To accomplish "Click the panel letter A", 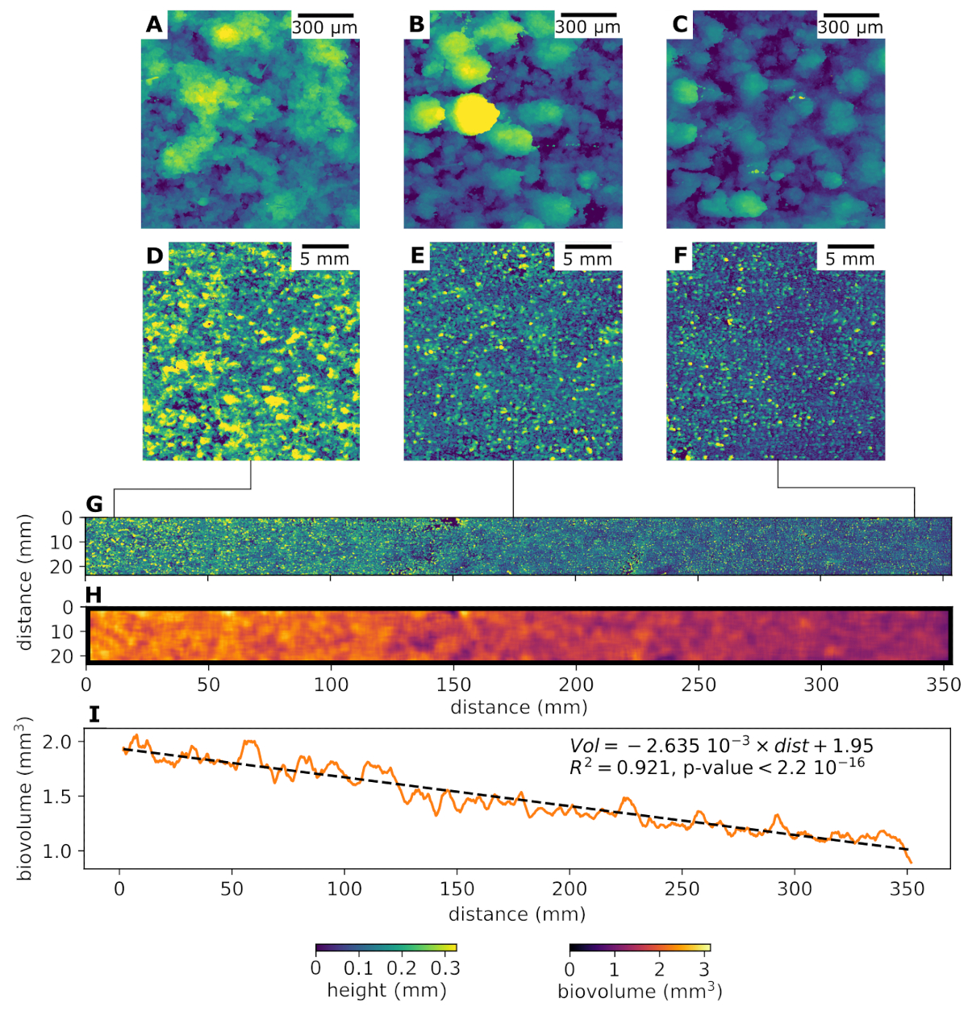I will click(154, 25).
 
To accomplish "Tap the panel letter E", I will click(417, 256).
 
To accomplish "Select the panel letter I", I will click(94, 714).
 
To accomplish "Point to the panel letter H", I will click(94, 595).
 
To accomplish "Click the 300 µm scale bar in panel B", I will click(588, 15).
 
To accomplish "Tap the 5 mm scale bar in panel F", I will click(850, 246).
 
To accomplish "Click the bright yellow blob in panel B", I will click(474, 114).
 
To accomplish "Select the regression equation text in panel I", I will click(721, 746).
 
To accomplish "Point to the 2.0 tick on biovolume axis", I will click(61, 741).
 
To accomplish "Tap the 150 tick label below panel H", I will click(453, 685).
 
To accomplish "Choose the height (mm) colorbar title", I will click(386, 989).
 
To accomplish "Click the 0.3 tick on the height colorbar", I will click(445, 968).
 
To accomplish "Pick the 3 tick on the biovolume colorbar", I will click(704, 968).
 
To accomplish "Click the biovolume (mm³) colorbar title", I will click(640, 990).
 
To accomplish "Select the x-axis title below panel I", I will click(517, 914).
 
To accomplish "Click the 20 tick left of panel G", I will click(62, 568).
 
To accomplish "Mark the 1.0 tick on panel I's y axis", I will click(61, 851).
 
